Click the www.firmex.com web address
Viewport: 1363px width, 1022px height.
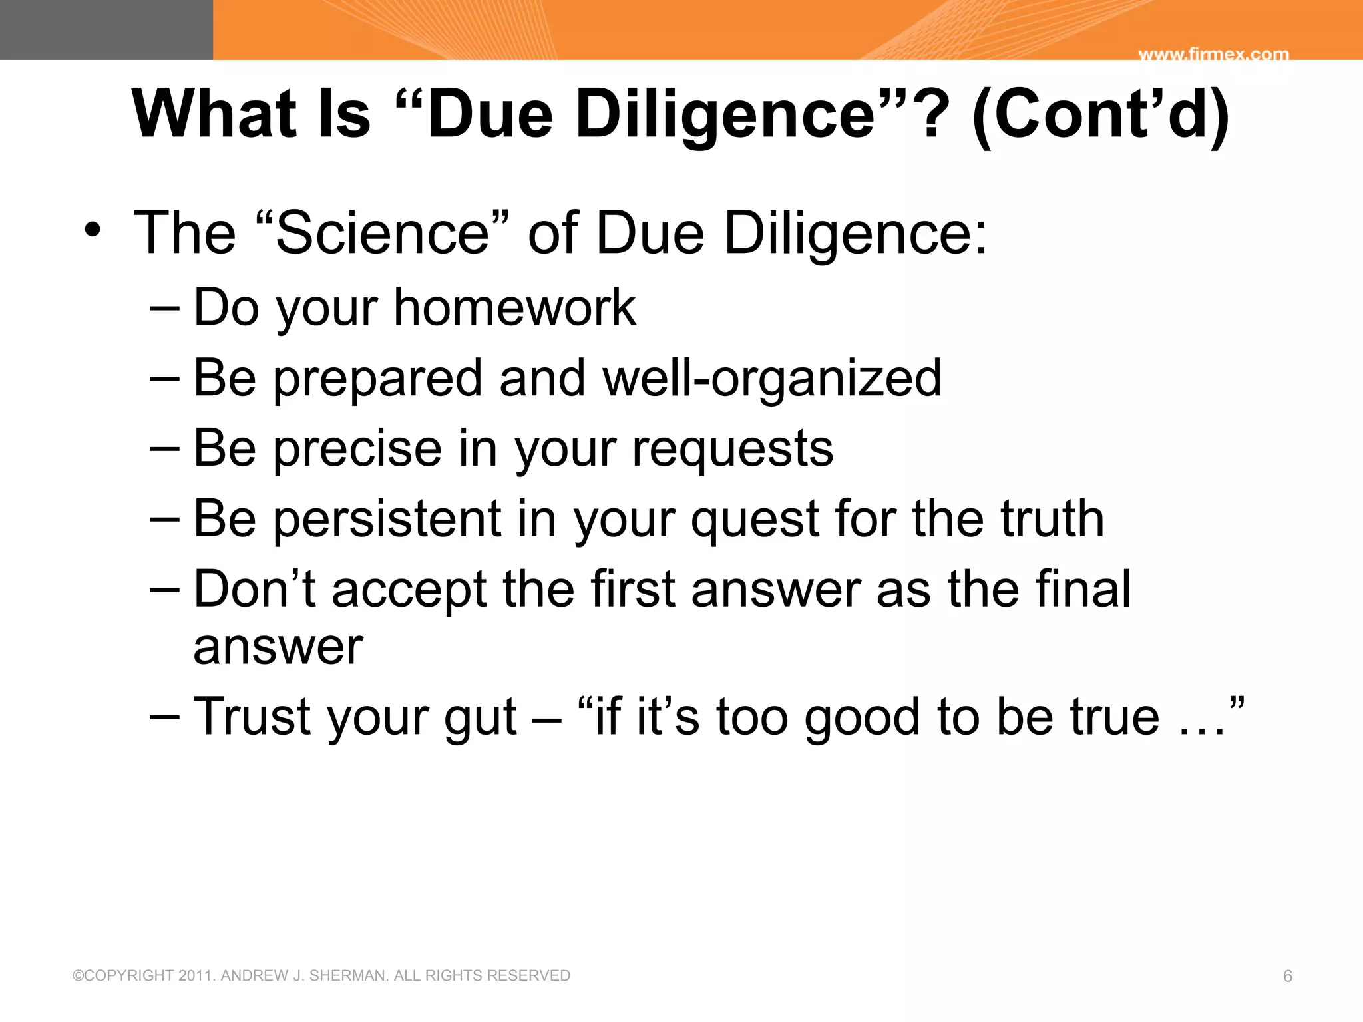coord(1213,54)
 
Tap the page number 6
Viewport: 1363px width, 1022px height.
coord(1287,976)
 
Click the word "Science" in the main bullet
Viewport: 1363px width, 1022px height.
coord(382,232)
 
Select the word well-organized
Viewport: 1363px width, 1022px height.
coord(772,378)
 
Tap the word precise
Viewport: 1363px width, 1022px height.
coord(357,448)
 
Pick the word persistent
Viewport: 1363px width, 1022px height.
coord(387,518)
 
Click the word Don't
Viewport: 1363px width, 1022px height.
coord(255,589)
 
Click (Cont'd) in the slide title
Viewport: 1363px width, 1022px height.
coord(1100,114)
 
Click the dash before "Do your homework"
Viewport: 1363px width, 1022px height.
coord(164,308)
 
